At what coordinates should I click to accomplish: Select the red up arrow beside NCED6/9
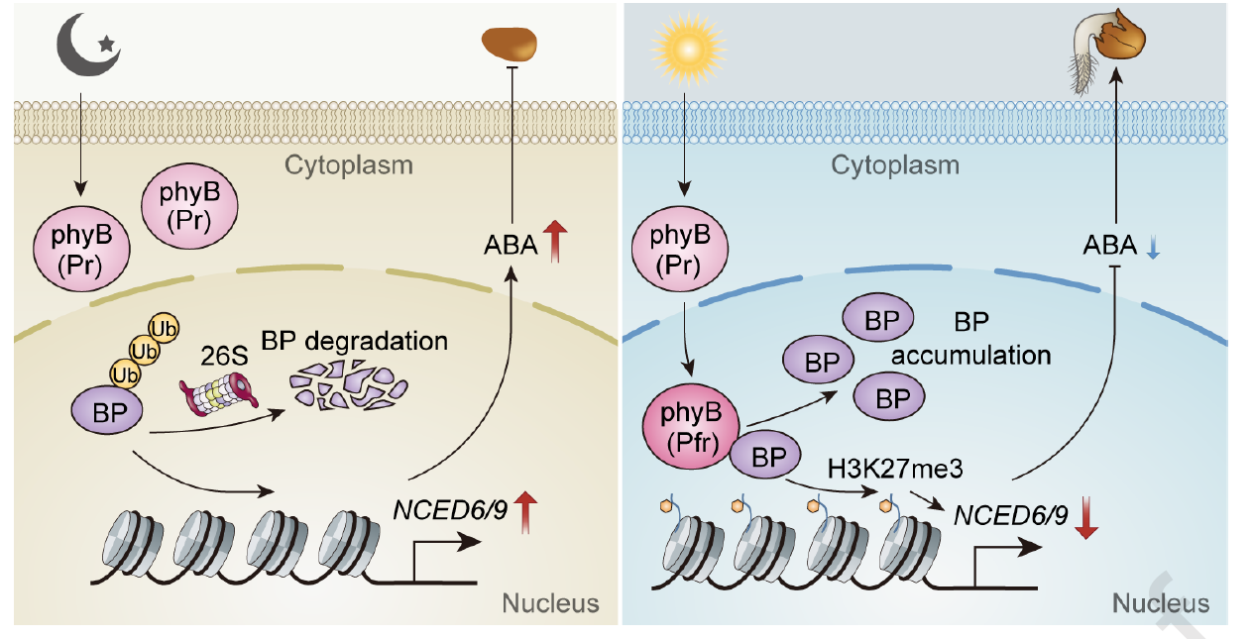pos(526,514)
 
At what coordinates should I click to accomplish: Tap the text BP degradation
pos(355,342)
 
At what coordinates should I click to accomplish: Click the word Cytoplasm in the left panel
pos(349,164)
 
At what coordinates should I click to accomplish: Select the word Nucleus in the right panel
pos(1161,603)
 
